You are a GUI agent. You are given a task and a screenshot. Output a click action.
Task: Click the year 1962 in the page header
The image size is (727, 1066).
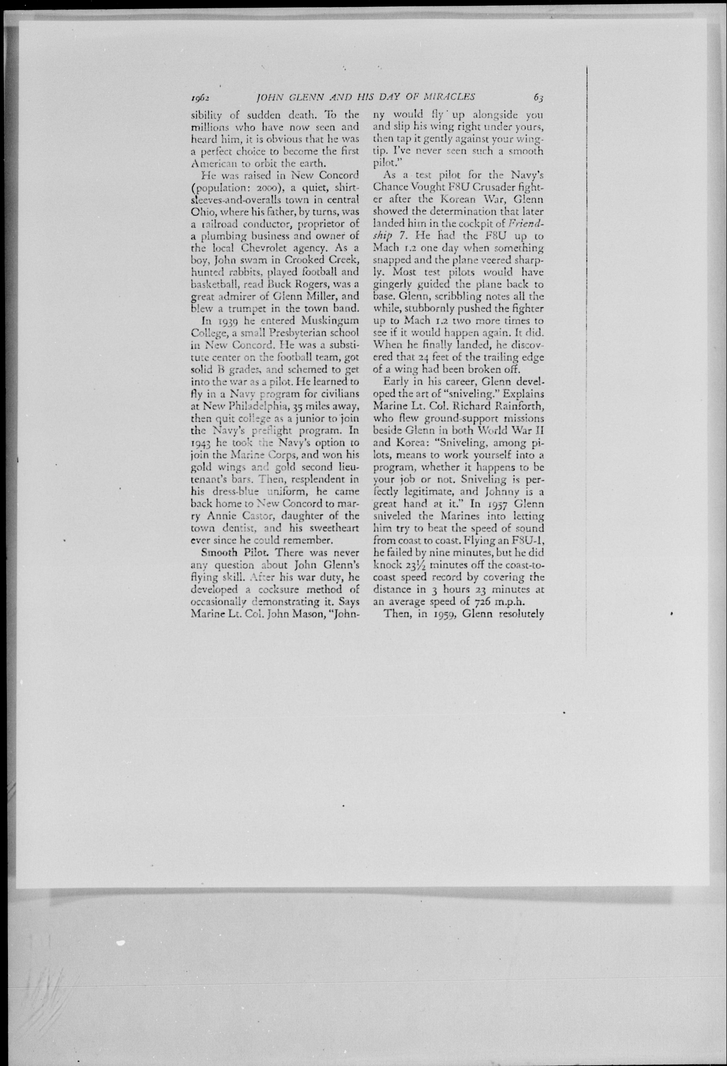[200, 97]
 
